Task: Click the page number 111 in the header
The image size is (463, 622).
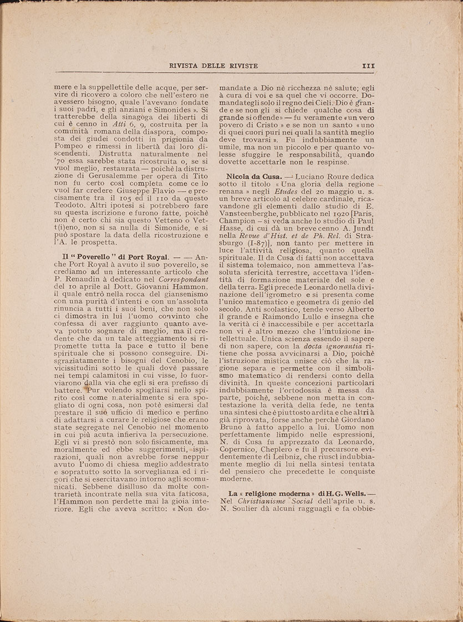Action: pyautogui.click(x=368, y=65)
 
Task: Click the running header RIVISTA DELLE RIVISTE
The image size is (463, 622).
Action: pyautogui.click(x=213, y=66)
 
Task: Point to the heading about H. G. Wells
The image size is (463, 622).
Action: pyautogui.click(x=297, y=493)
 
